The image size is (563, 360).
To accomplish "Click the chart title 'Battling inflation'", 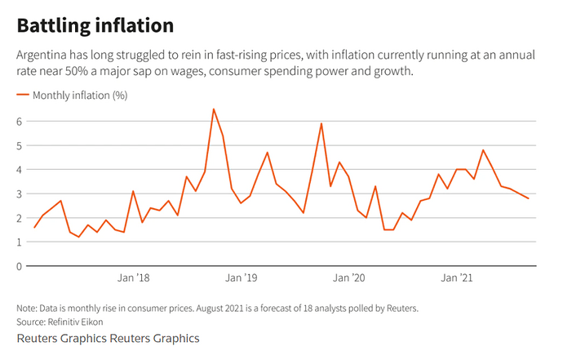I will coord(95,25).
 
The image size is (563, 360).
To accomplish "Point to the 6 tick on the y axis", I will coord(20,122).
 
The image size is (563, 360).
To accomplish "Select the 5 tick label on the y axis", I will coord(20,145).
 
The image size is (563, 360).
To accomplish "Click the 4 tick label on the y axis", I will coord(20,170).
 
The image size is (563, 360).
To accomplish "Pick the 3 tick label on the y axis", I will coord(20,193).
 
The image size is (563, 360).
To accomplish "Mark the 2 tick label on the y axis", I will coord(20,218).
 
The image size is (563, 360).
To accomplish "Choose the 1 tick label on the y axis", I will coord(20,242).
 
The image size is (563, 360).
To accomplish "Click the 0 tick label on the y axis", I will coord(20,266).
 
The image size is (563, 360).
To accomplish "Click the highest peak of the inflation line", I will coord(214,109).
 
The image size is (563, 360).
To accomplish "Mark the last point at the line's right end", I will coord(529,198).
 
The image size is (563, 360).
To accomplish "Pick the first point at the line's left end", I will coord(34,227).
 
